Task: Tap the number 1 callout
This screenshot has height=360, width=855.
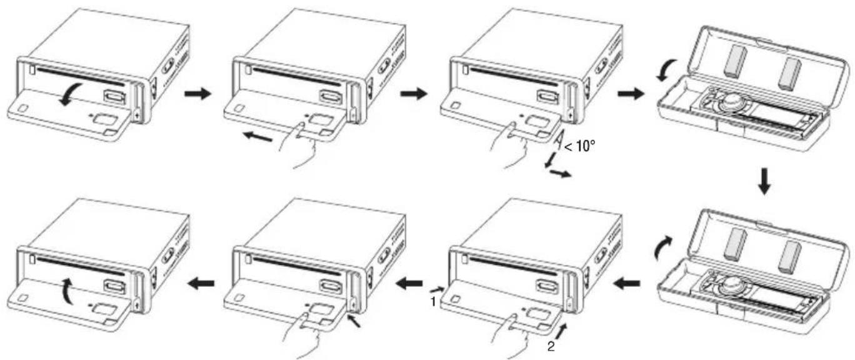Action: pyautogui.click(x=433, y=302)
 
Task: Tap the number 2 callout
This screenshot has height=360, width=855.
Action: pyautogui.click(x=551, y=347)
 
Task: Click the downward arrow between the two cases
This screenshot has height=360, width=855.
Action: pyautogui.click(x=764, y=181)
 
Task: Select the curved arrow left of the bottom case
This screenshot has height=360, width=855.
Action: pyautogui.click(x=662, y=247)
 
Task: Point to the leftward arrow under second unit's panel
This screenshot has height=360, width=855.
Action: pyautogui.click(x=258, y=136)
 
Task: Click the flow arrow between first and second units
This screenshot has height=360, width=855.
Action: pyautogui.click(x=197, y=93)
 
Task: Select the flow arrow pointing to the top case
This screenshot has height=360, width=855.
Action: pyautogui.click(x=631, y=93)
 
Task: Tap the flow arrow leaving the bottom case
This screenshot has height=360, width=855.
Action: pyautogui.click(x=626, y=284)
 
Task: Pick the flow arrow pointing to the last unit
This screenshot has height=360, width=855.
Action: pyautogui.click(x=202, y=283)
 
